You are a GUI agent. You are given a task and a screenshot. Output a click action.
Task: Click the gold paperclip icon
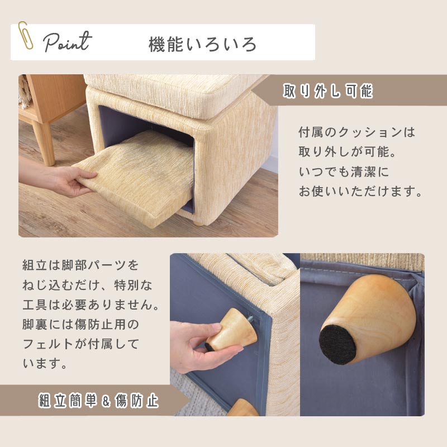click(x=25, y=36)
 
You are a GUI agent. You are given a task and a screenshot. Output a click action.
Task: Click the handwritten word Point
click(x=68, y=42)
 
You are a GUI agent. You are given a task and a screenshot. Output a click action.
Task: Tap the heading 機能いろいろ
click(x=202, y=45)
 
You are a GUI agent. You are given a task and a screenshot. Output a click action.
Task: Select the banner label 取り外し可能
click(x=328, y=91)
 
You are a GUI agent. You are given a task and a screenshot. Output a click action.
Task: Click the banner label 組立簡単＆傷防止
click(x=98, y=401)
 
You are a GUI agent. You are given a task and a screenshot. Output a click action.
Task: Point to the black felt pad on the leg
click(x=337, y=344)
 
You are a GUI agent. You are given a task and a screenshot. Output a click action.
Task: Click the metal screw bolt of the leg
click(x=251, y=318)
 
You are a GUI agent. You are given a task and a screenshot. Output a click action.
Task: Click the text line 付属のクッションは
click(x=356, y=132)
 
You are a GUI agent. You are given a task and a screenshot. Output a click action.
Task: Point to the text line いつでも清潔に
click(x=344, y=172)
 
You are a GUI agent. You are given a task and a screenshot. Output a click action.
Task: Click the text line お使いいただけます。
click(x=360, y=191)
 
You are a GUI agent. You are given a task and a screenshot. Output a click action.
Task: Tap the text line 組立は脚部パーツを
click(x=80, y=265)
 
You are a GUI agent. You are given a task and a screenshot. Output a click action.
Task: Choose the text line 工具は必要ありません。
click(x=91, y=305)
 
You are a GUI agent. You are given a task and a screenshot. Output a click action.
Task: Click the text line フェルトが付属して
click(x=80, y=344)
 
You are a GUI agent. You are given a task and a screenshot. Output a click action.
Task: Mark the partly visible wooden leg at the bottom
click(x=242, y=408)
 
